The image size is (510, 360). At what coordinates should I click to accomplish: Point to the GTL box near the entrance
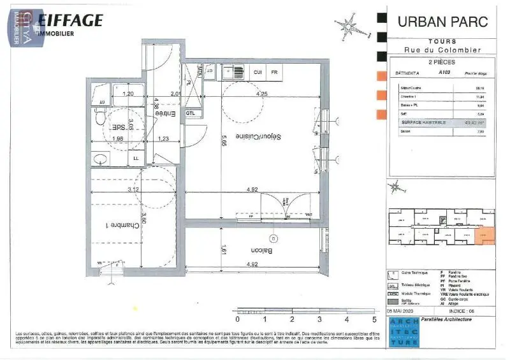click(191, 113)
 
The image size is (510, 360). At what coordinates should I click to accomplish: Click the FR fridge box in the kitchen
click(275, 73)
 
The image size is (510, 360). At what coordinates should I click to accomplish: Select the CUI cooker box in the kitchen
click(258, 73)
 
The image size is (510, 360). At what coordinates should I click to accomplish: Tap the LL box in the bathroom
click(136, 159)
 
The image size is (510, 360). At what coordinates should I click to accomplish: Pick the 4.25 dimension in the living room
click(261, 94)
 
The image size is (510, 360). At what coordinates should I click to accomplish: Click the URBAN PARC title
click(442, 22)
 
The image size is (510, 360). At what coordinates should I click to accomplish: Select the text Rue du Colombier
click(442, 50)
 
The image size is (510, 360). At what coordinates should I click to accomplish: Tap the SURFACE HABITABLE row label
click(423, 122)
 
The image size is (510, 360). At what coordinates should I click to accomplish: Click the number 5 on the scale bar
click(374, 319)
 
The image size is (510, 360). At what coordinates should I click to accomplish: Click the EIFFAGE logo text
click(69, 20)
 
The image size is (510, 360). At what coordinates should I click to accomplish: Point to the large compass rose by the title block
click(349, 26)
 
